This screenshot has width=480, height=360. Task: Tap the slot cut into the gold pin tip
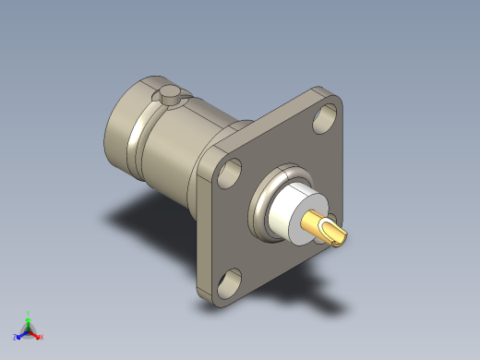[x=338, y=231]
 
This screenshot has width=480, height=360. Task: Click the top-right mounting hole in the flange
[x=324, y=117]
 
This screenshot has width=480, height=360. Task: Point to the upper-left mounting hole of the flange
[x=232, y=171]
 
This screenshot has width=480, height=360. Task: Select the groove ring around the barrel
[x=148, y=129]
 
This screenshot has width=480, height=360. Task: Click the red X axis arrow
[x=37, y=334]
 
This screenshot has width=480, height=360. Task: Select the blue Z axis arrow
[x=20, y=333]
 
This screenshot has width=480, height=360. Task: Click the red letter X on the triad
[x=42, y=337]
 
